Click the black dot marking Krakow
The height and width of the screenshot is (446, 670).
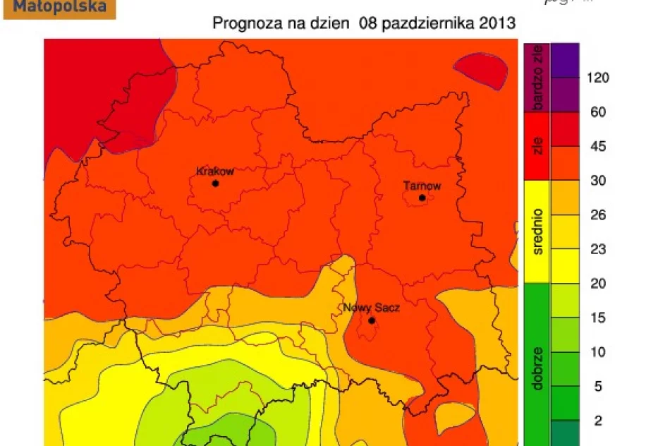point(215,183)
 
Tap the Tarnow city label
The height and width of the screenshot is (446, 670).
point(422,186)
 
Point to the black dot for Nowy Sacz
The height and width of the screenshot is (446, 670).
point(372,320)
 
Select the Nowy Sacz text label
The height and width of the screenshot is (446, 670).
point(366,308)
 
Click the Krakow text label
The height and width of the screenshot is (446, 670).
point(215,171)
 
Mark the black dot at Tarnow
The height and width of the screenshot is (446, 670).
point(422,198)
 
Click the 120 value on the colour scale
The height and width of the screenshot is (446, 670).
point(597,78)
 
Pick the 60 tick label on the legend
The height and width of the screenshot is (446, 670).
point(597,112)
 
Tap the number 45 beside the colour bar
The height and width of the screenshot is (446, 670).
point(597,147)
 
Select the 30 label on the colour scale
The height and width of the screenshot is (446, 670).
point(597,181)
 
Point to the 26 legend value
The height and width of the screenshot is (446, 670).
point(597,216)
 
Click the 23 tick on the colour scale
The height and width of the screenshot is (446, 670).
point(597,250)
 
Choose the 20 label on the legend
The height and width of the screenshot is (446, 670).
point(597,284)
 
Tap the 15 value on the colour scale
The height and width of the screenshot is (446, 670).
point(597,318)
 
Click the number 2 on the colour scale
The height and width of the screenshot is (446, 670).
point(597,421)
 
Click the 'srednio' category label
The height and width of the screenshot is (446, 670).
point(537,231)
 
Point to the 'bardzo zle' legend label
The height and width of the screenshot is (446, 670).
point(537,78)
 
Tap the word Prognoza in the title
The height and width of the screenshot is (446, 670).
point(243,23)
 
